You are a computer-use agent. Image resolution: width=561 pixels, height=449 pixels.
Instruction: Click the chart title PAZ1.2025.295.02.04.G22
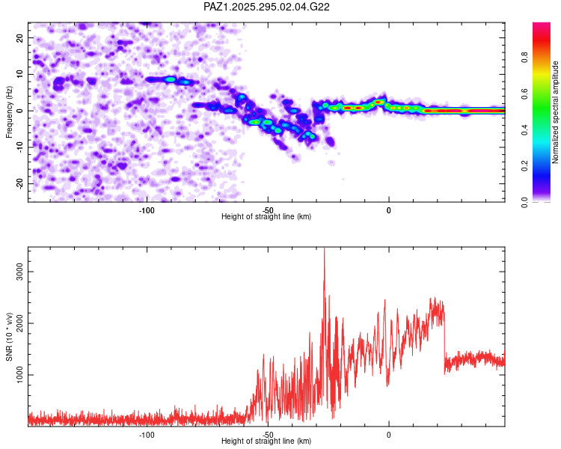click(267, 7)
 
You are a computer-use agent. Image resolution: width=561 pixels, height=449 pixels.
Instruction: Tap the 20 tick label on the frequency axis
click(20, 37)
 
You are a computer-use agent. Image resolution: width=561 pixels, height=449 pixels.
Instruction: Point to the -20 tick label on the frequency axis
click(19, 183)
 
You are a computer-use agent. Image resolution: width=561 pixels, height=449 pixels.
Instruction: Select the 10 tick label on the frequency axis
click(20, 74)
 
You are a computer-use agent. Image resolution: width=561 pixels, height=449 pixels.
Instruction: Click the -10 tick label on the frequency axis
click(19, 147)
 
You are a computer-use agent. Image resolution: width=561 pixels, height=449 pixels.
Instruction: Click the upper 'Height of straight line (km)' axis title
click(266, 217)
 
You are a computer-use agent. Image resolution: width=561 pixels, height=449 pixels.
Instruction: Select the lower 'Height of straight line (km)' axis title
click(266, 442)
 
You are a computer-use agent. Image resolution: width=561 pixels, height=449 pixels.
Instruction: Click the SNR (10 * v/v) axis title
click(9, 337)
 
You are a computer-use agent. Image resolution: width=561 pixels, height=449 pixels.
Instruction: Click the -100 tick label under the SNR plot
click(147, 433)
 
